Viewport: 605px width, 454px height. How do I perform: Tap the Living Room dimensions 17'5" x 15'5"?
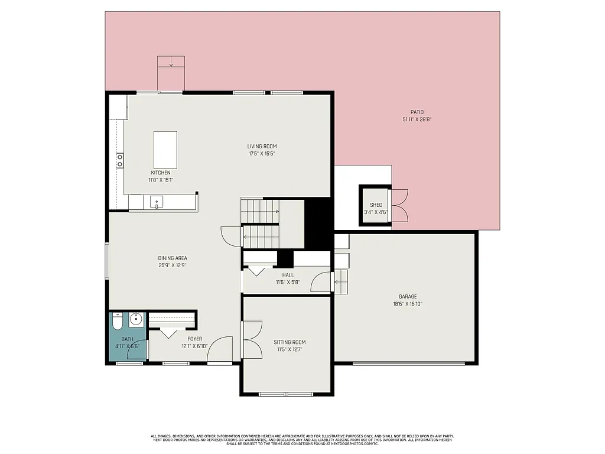[262, 154]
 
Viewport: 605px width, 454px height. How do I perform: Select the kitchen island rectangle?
[165, 150]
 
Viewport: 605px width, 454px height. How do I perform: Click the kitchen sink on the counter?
[157, 202]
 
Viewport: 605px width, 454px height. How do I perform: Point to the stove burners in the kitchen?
[119, 160]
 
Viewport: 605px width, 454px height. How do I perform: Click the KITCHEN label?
[160, 173]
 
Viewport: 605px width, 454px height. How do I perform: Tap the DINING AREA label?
[173, 258]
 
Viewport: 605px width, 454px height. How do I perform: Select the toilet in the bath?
[117, 322]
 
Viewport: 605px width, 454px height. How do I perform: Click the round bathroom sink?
[136, 321]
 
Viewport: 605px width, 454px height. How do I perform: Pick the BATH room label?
[127, 339]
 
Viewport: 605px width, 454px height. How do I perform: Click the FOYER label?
[194, 339]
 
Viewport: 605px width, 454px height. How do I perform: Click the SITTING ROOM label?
[290, 342]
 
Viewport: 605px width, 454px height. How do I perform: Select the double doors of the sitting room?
[252, 339]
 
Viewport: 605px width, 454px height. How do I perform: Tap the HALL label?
[288, 275]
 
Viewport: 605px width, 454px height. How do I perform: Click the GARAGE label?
[408, 297]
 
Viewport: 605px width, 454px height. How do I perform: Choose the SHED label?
[376, 205]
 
